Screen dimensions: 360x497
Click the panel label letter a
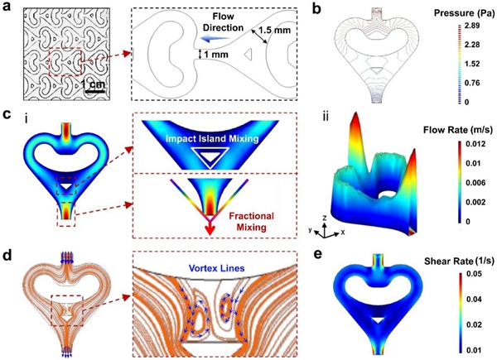7,8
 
